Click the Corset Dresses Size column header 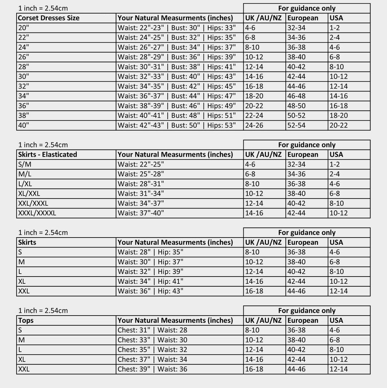point(49,18)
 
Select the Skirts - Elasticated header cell point(48,154)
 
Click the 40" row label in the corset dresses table point(24,125)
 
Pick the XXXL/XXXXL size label point(37,213)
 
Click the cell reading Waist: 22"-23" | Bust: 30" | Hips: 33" point(177,28)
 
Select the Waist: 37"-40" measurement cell point(141,213)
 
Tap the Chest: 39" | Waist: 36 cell point(152,369)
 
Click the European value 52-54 point(296,125)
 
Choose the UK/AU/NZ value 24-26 point(254,125)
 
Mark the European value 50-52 point(296,115)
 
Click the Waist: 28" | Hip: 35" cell point(150,252)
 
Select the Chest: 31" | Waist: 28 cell point(152,330)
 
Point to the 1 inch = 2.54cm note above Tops point(43,311)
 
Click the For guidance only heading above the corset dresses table point(307,8)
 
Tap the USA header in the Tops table point(336,320)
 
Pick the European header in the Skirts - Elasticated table point(302,154)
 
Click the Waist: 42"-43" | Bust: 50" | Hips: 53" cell point(177,125)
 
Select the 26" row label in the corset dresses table point(24,57)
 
